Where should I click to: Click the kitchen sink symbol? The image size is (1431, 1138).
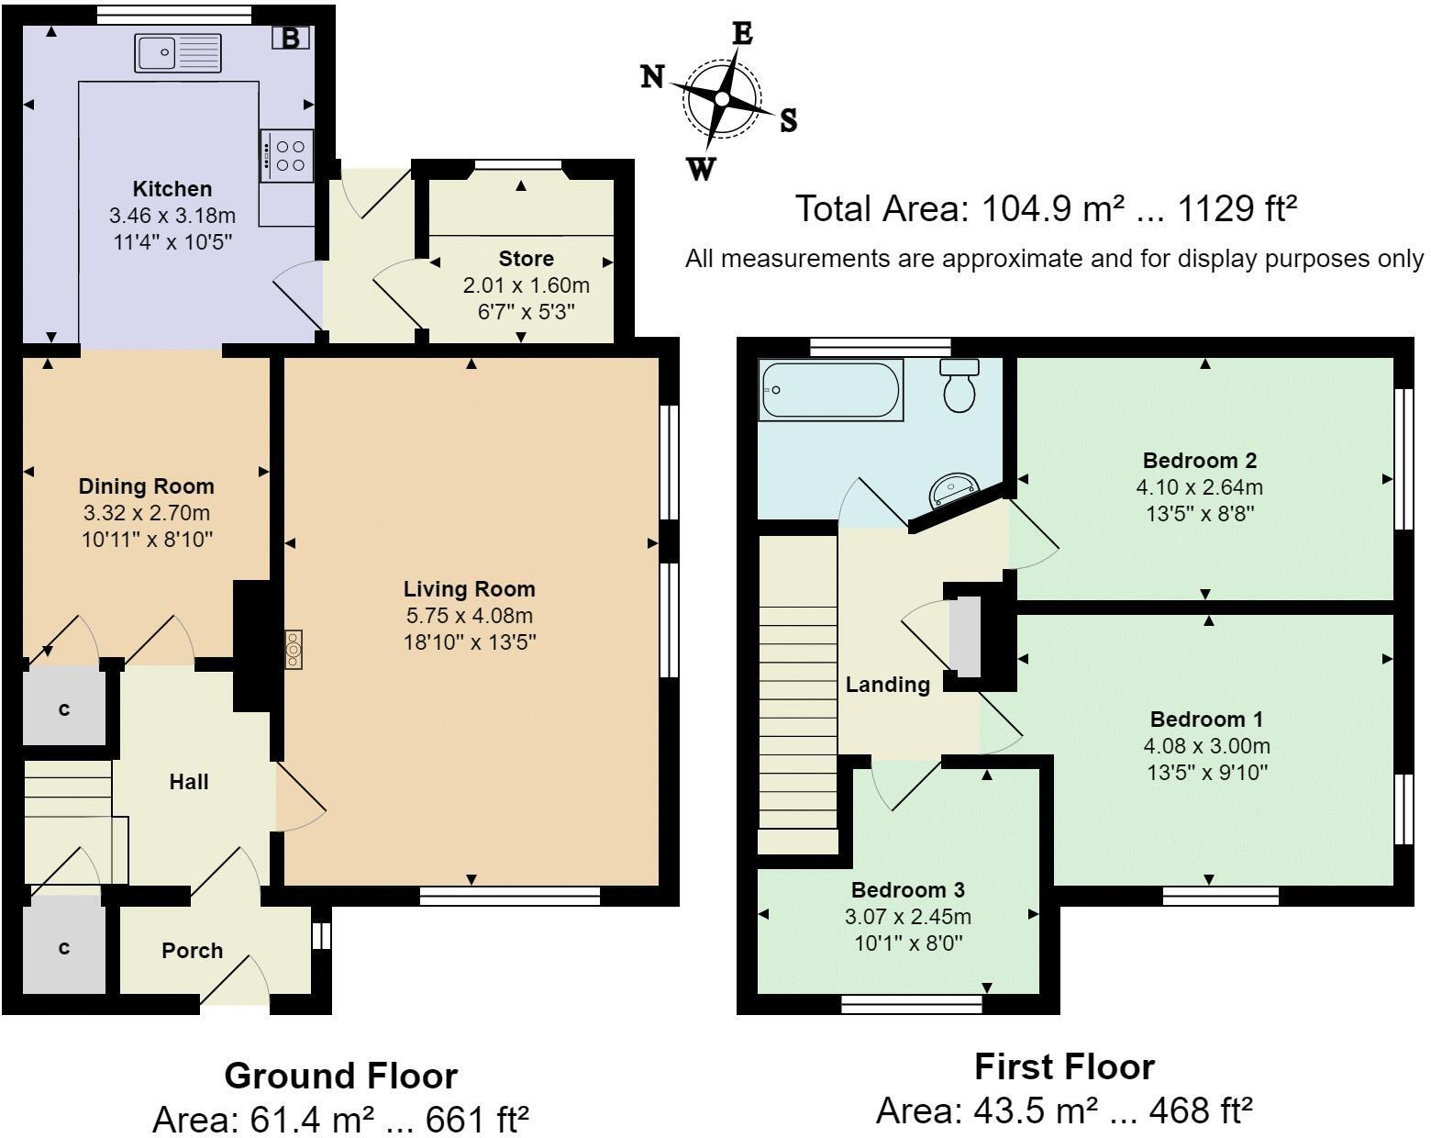(x=178, y=52)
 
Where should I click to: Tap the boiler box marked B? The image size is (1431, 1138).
(x=291, y=39)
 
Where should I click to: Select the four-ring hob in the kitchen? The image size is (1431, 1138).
(x=287, y=155)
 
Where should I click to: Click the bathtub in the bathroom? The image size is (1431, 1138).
(x=830, y=390)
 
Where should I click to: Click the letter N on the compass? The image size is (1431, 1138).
(x=652, y=77)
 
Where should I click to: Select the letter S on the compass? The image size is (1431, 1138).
(x=788, y=120)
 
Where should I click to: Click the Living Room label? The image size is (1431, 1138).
(x=470, y=589)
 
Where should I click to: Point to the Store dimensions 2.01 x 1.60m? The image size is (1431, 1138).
(x=526, y=285)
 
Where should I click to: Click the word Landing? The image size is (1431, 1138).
(x=887, y=684)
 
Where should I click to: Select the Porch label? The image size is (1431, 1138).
(x=193, y=951)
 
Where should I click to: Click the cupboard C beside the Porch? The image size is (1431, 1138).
(x=63, y=948)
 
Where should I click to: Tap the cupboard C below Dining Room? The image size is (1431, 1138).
(x=63, y=709)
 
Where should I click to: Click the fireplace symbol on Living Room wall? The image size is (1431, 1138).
(x=294, y=650)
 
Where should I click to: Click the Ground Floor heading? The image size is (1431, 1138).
(x=340, y=1075)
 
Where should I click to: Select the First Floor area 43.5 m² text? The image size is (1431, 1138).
(x=1064, y=1111)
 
